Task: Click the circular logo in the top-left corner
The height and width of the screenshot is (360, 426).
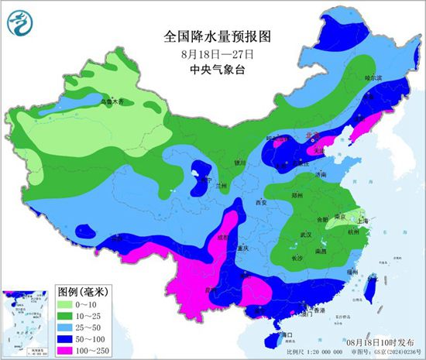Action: point(18,26)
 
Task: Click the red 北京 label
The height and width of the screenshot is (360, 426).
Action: point(311,135)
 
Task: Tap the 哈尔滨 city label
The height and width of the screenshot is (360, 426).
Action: point(373,78)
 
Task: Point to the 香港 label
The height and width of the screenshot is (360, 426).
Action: point(318,310)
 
